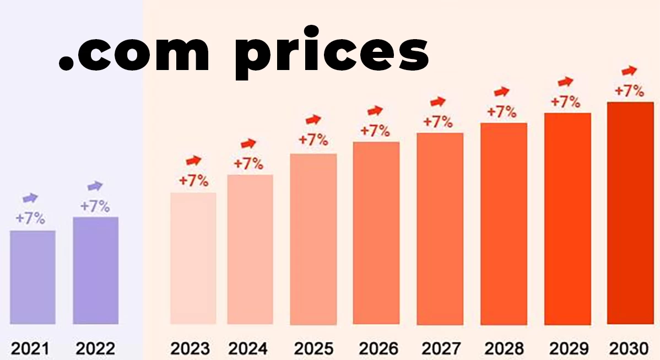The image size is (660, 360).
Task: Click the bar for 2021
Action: [x=33, y=277]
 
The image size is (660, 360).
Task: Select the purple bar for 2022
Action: [x=96, y=270]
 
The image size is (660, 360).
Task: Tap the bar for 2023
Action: [x=193, y=258]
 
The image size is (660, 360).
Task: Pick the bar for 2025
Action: [x=313, y=239]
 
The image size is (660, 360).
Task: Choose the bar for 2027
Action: [x=440, y=229]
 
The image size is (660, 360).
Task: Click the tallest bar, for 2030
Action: [x=630, y=213]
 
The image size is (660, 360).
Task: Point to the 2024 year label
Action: [x=248, y=348]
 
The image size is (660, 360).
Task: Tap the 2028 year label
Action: [x=505, y=348]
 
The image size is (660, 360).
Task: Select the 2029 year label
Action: [x=569, y=348]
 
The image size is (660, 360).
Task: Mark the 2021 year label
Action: [x=30, y=348]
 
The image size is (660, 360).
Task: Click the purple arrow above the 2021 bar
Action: [x=30, y=198]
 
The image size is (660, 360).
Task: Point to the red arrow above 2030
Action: [x=629, y=71]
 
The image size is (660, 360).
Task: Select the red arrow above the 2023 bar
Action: [x=193, y=160]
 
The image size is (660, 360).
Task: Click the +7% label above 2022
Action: [x=95, y=207]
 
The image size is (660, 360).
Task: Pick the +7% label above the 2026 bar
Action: [x=375, y=131]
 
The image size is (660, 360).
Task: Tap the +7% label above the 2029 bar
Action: [x=565, y=102]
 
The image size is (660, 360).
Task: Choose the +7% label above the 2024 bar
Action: [x=248, y=164]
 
